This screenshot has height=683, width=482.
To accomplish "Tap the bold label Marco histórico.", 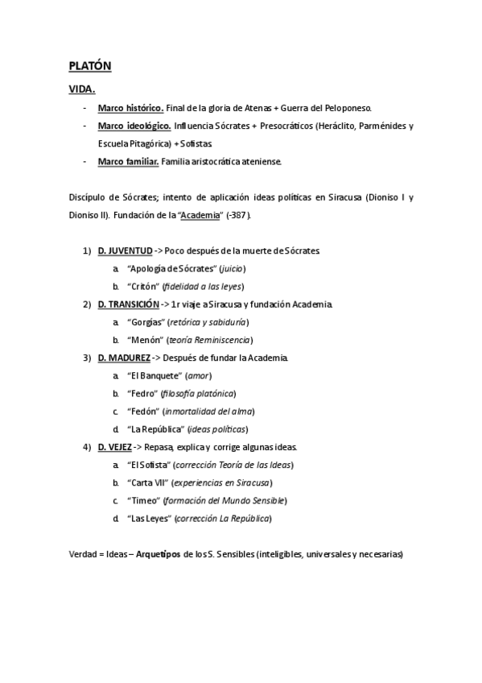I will [130, 108].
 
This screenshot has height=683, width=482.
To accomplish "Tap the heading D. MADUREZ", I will [124, 358].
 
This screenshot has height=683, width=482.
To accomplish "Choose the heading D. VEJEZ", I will [116, 446].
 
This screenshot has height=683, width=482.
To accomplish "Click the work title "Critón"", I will [143, 287].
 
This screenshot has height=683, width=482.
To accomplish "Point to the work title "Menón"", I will [144, 340].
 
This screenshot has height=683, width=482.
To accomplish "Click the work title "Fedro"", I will [142, 393].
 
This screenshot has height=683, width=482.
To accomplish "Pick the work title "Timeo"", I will [143, 500].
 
